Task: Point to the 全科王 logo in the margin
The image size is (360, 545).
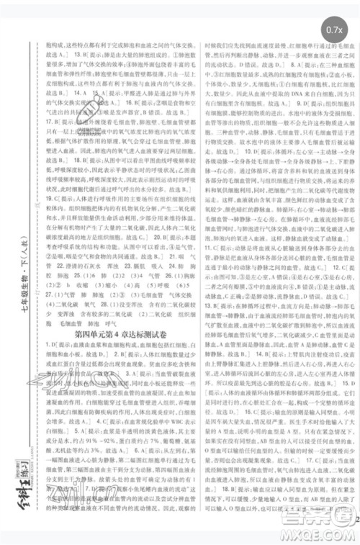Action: click(x=15, y=497)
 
